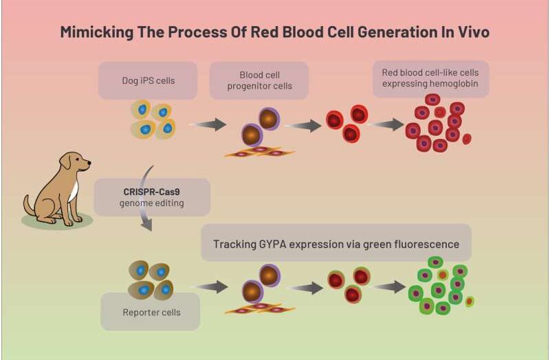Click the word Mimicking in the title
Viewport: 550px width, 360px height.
point(96,32)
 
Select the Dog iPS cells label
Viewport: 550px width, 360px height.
point(148,80)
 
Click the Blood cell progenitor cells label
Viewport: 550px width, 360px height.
point(260,80)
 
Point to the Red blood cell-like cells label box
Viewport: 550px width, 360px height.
point(431,78)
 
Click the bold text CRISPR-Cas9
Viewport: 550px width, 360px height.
point(151,192)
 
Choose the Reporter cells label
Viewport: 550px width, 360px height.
point(151,313)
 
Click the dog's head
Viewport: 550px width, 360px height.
point(76,162)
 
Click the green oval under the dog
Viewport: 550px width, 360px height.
point(57,221)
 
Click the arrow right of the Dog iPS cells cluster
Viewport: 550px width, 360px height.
point(208,124)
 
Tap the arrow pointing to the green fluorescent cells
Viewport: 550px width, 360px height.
point(388,286)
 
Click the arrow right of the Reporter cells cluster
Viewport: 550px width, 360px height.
point(210,286)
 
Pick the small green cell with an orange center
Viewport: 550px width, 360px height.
point(470,302)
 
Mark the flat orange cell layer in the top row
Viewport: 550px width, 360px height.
point(260,152)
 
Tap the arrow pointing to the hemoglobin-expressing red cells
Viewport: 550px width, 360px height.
point(387,124)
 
